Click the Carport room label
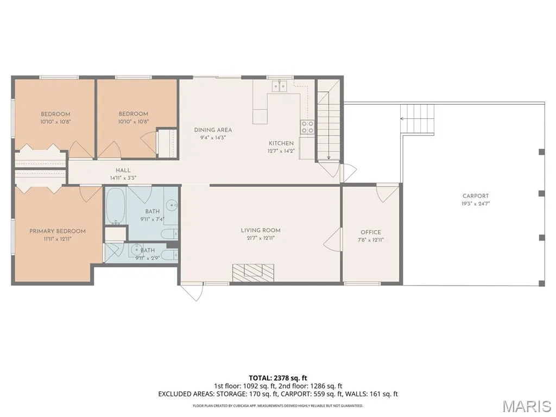pos(476,195)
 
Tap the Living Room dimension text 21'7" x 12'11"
pos(261,238)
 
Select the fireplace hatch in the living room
pos(253,273)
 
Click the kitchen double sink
pos(280,86)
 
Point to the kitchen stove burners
pos(307,127)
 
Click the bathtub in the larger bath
pos(116,206)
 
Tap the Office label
pos(371,232)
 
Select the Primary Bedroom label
pos(58,231)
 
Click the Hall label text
pos(123,170)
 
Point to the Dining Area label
pos(213,130)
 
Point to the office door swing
pos(387,193)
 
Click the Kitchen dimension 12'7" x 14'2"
pos(281,151)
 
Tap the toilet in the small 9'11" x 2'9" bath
pos(172,255)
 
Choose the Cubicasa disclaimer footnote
pos(277,406)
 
